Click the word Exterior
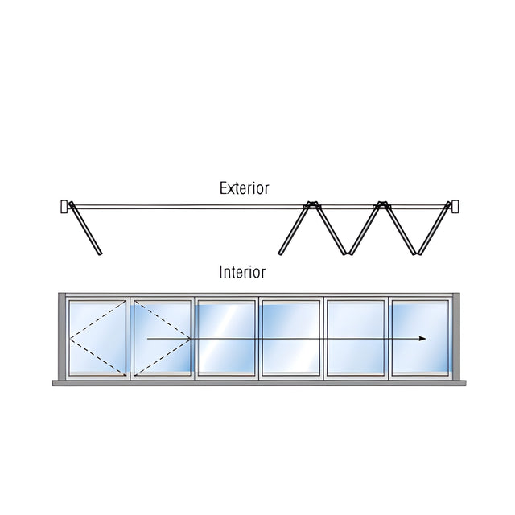244,188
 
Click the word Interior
242,272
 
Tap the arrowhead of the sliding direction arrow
422,339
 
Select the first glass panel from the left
98,338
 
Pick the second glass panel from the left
163,338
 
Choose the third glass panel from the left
227,338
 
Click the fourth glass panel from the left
291,338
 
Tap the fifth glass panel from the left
356,338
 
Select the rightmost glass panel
420,338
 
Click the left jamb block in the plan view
64,207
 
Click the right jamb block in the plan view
455,207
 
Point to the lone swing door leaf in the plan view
85,229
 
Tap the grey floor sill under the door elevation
259,383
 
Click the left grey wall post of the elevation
62,336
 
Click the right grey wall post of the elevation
456,336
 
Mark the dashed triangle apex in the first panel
70,338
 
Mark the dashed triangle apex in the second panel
191,338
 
